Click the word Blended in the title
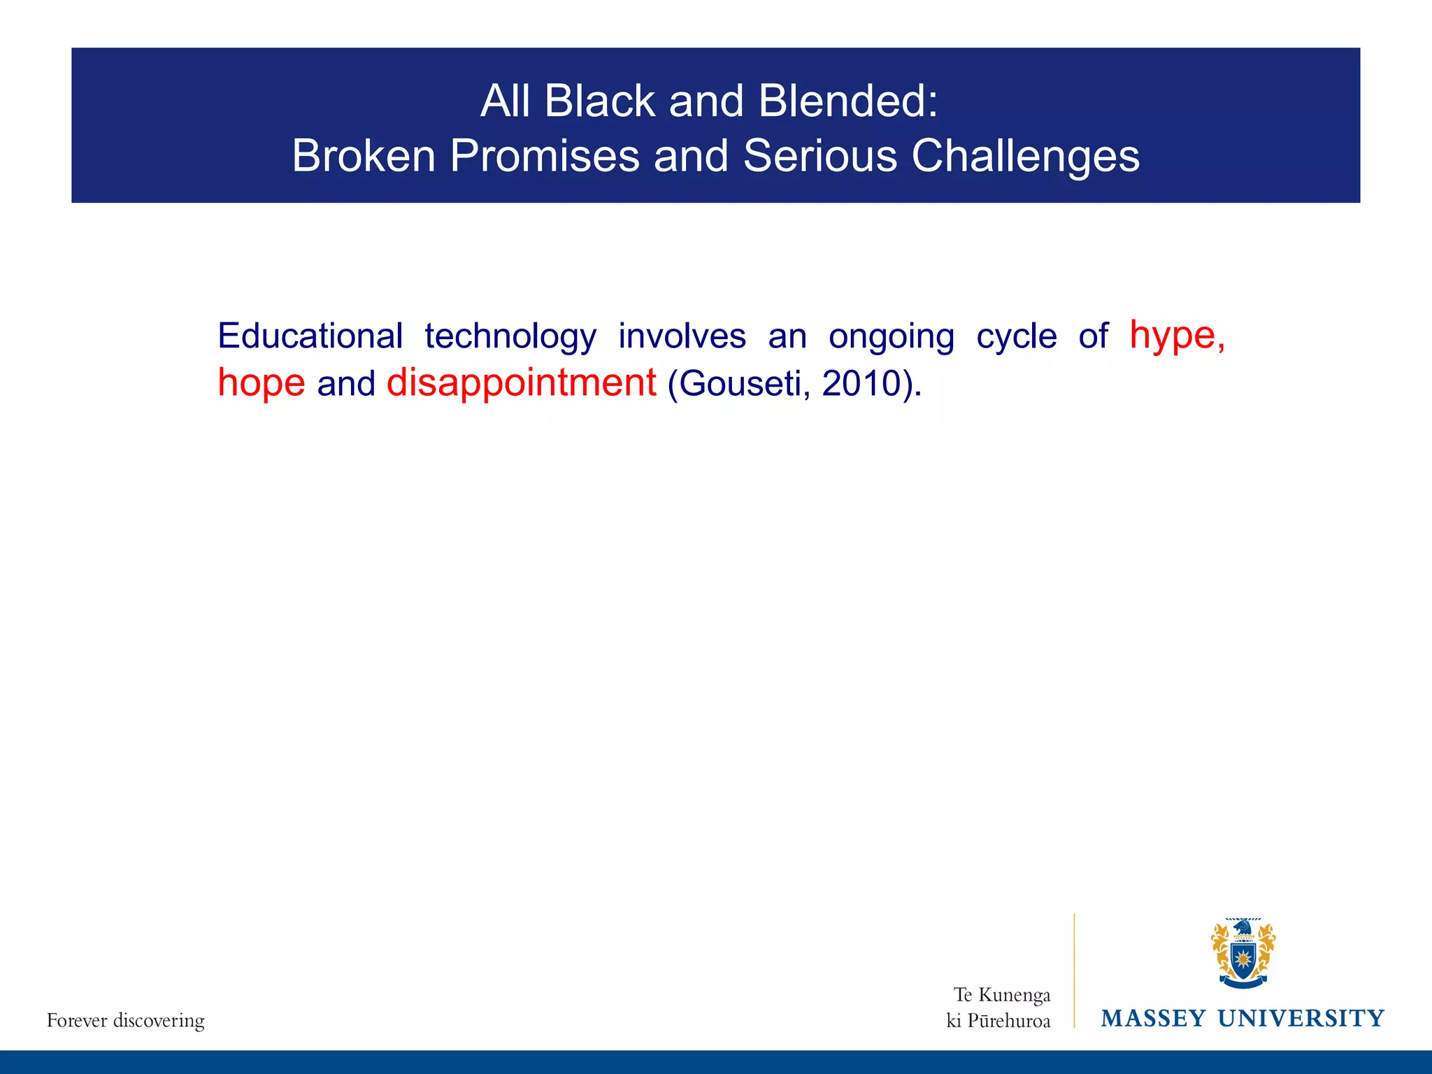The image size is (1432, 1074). click(847, 101)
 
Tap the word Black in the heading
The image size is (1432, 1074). click(599, 101)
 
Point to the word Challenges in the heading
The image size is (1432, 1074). click(1025, 156)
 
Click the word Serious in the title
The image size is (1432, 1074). click(819, 156)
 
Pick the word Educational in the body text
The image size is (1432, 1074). click(310, 336)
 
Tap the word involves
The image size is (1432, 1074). click(682, 336)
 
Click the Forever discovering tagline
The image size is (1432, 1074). click(126, 1021)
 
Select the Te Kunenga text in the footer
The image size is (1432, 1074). click(1002, 995)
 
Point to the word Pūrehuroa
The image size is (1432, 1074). click(1008, 1022)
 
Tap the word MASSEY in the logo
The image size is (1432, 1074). click(1153, 1019)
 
